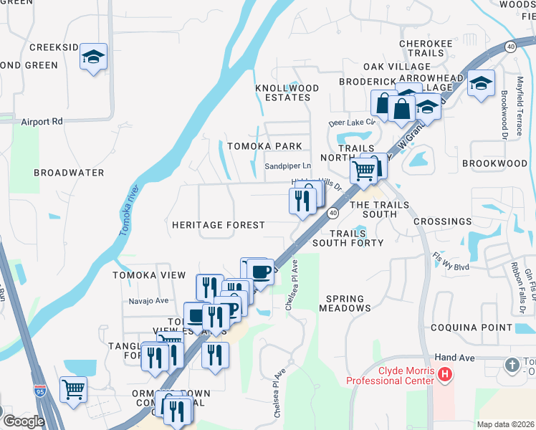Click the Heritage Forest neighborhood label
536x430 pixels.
coord(218,225)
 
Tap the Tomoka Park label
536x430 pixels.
coord(264,146)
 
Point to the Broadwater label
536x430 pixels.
coord(69,173)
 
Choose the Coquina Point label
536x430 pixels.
coord(472,328)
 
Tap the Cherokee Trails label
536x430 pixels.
coord(426,49)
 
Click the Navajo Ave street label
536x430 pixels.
coord(148,301)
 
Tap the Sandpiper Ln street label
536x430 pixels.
coord(287,166)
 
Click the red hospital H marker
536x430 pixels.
coord(445,374)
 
